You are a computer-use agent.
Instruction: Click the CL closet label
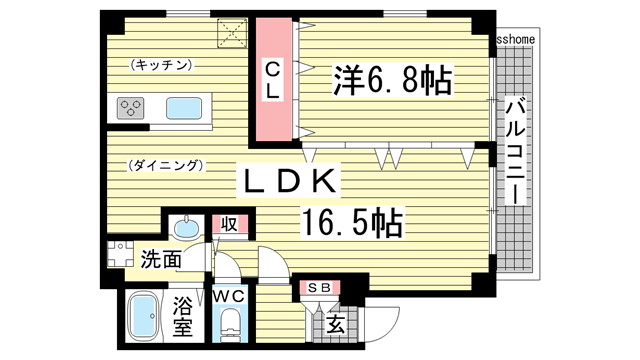272,79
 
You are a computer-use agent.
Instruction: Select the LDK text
289,181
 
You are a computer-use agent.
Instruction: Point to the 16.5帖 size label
350,222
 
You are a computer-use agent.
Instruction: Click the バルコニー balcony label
516,151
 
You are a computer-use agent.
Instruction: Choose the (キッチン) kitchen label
161,65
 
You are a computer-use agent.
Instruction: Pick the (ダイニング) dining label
166,164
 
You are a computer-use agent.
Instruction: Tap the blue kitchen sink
185,107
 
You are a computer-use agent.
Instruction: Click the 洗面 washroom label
160,259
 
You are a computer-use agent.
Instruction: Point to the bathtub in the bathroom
147,317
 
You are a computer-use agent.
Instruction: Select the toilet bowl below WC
229,325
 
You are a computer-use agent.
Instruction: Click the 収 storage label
229,225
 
